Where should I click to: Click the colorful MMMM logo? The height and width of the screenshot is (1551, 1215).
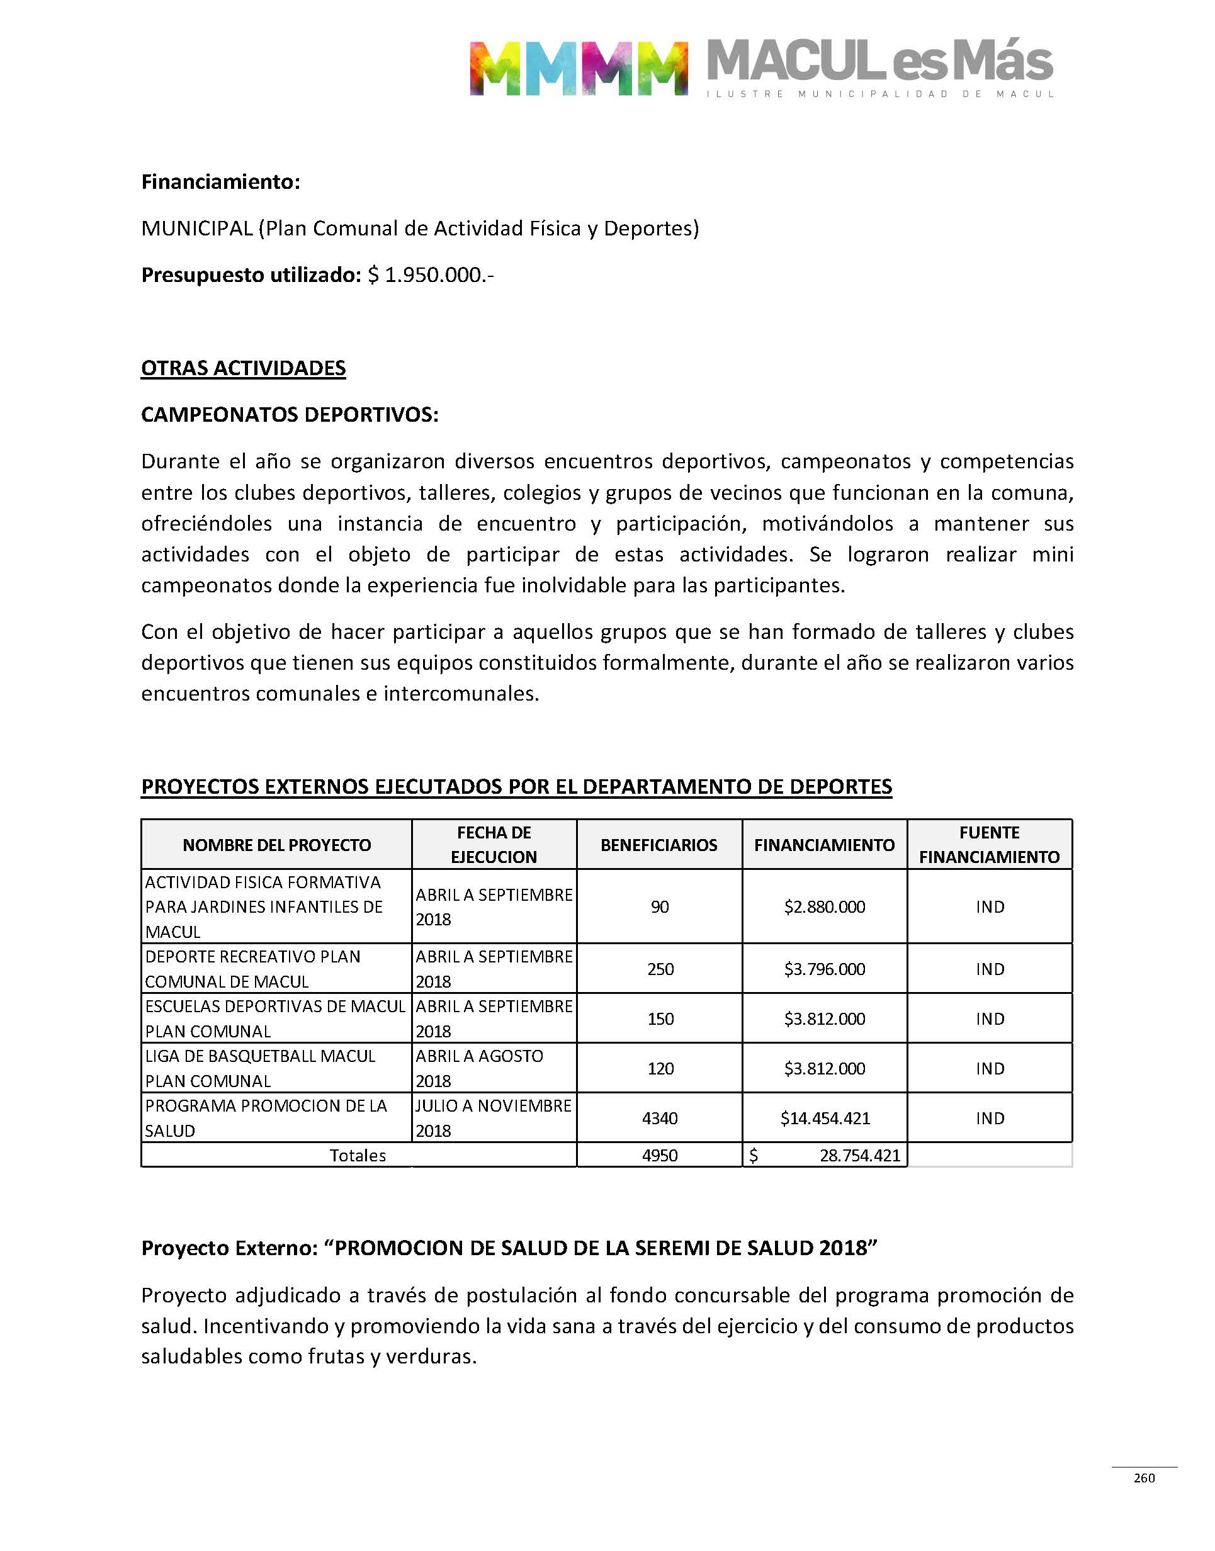[579, 68]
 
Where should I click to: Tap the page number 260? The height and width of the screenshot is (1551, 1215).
[1144, 1478]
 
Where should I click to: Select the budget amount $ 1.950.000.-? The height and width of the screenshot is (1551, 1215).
[431, 274]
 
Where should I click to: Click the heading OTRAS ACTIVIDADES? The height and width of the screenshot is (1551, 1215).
[243, 368]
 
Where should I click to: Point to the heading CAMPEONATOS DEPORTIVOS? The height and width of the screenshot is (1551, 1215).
[290, 415]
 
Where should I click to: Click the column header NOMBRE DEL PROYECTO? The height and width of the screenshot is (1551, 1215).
[277, 845]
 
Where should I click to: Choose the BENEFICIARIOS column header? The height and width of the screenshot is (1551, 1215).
[658, 845]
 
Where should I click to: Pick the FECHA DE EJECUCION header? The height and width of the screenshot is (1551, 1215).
[494, 845]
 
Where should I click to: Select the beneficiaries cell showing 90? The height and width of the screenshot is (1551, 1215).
[659, 906]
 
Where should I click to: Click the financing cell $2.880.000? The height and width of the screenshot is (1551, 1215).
[825, 906]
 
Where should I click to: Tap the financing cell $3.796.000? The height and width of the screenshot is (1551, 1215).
[825, 969]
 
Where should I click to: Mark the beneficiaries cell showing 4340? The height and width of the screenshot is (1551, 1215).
[659, 1118]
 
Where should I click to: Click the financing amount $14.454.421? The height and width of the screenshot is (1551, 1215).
[825, 1118]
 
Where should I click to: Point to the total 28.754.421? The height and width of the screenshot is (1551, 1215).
[859, 1156]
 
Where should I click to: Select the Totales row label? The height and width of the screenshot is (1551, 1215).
[358, 1156]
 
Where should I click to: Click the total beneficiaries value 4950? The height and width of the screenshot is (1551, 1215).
[659, 1156]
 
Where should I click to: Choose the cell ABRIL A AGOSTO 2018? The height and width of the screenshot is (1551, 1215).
[480, 1068]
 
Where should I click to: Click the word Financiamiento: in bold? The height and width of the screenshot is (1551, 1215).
[220, 182]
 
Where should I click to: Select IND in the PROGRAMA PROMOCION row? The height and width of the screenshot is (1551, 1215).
[990, 1118]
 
